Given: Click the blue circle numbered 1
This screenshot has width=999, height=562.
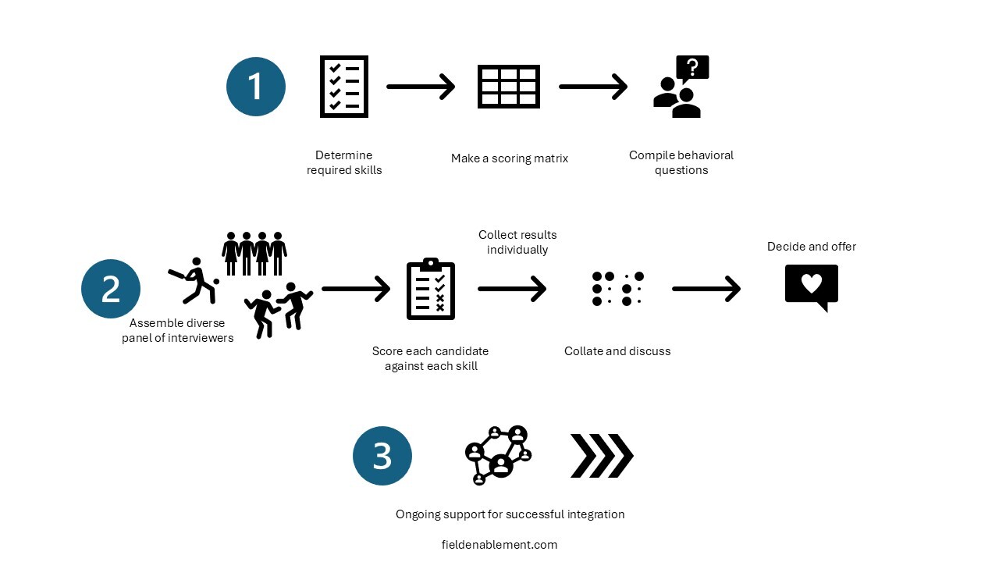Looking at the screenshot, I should point(256,87).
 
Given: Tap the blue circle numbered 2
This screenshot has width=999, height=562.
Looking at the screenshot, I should point(111,289).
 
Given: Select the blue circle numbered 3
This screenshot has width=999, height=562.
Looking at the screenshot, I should point(382,456).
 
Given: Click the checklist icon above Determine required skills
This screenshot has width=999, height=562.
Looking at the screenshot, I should point(344,87).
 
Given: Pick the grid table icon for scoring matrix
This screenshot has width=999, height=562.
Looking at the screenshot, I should point(509,87).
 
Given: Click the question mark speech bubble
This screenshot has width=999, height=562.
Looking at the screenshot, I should point(691,69).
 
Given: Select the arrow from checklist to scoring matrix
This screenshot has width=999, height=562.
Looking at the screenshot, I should point(421,87).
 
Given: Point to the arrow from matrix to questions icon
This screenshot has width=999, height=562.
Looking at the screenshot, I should point(593,87).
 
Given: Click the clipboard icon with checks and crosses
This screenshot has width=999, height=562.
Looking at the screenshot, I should point(431,290).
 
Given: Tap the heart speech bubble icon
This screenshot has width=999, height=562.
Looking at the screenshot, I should point(812,286).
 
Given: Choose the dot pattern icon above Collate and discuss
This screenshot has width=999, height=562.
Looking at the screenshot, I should point(618,289).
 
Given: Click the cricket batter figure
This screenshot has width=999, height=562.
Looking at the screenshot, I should point(194,280).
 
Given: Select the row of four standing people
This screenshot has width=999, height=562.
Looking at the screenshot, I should point(254,253).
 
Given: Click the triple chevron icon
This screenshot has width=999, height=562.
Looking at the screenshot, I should point(602,456).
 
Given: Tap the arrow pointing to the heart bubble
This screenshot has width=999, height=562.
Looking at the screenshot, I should point(706,290).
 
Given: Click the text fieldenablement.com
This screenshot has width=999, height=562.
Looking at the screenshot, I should point(499,545).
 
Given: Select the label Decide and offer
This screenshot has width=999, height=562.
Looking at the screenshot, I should point(812,247).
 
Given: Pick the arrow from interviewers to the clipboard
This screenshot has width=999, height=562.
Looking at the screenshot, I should point(356,290).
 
